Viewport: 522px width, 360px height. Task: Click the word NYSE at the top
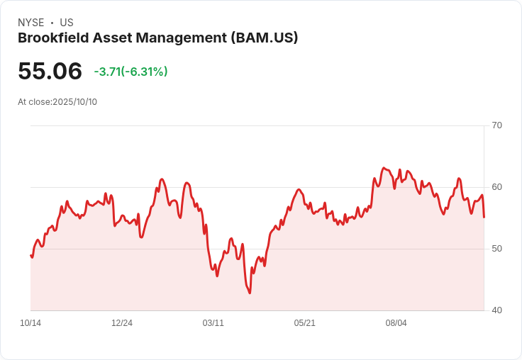click(30, 23)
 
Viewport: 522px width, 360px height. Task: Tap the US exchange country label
click(67, 23)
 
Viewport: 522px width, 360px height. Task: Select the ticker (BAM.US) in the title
click(265, 38)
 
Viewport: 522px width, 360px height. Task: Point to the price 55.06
click(50, 71)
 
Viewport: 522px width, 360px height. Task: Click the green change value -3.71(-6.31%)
click(130, 72)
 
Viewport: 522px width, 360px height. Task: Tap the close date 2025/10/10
click(74, 101)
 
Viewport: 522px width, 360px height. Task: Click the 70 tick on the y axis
click(496, 125)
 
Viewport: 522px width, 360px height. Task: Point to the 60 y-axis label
click(496, 187)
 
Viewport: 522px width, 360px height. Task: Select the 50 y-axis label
click(496, 249)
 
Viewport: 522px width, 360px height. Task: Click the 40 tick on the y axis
click(496, 310)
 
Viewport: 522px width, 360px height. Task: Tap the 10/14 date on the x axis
click(30, 323)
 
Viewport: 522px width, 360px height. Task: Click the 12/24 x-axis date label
click(122, 323)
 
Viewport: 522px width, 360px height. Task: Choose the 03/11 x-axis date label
click(213, 323)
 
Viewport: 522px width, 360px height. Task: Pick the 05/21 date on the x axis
click(305, 323)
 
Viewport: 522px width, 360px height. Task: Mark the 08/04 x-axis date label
click(396, 323)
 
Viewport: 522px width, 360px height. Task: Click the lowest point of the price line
click(250, 293)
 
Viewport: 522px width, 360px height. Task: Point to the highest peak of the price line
click(384, 168)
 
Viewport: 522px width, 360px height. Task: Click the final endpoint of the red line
click(484, 217)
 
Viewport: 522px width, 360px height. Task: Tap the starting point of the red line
click(30, 255)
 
